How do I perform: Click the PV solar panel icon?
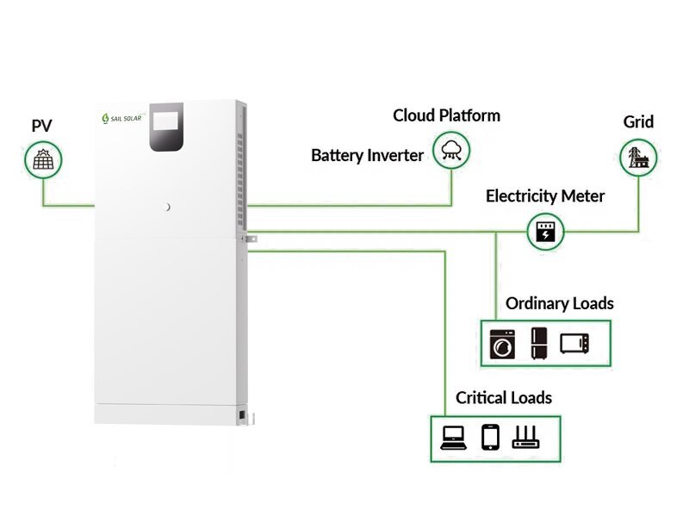point(41,159)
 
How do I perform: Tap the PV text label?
point(41,126)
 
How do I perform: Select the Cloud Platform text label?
point(446,115)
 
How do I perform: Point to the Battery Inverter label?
point(367,156)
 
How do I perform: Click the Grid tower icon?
point(638,157)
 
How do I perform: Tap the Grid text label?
point(638,122)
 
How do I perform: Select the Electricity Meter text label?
point(545,196)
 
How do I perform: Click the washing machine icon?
point(501,343)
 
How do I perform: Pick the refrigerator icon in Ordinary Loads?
point(539,342)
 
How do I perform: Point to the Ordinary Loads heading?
point(559,303)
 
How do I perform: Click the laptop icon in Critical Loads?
point(452,438)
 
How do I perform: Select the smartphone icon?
point(490,438)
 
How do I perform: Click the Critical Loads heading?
point(504,398)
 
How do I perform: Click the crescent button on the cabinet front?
point(169,207)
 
